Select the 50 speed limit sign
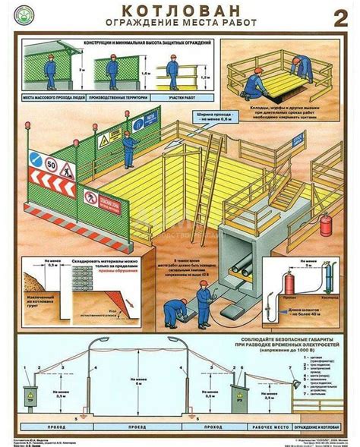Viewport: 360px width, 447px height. (52, 162)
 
